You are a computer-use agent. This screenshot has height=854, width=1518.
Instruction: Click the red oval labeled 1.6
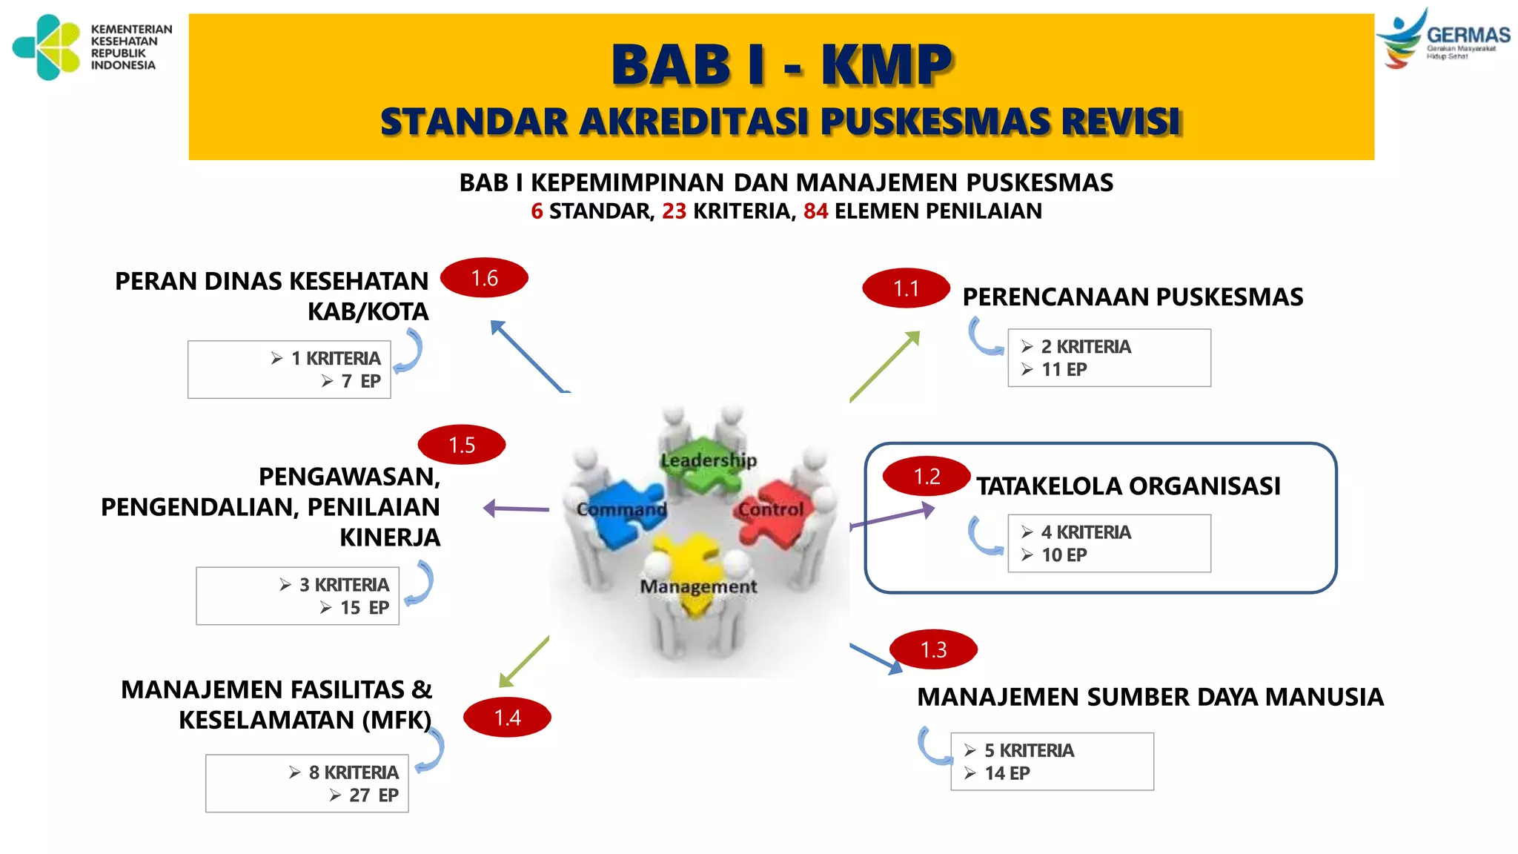click(484, 278)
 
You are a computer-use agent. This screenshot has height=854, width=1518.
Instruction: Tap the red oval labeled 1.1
click(906, 288)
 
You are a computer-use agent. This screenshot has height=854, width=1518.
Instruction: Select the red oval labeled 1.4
click(507, 718)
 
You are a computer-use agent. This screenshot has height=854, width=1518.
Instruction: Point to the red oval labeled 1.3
click(933, 649)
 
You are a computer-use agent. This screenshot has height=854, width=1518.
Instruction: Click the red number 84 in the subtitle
click(815, 211)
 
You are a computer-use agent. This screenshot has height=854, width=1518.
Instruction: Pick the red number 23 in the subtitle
click(674, 211)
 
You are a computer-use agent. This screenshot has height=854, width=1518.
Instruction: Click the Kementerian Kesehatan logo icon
click(47, 47)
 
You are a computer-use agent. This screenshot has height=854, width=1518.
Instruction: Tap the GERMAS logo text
click(1468, 35)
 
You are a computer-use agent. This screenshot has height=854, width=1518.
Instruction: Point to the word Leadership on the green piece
click(709, 460)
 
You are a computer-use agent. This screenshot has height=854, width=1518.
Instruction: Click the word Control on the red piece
click(771, 509)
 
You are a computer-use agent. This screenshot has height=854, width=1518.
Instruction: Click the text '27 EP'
click(374, 795)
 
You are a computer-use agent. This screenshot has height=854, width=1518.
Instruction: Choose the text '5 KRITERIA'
click(1029, 750)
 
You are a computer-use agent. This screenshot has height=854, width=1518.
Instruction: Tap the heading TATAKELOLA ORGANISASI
click(1128, 486)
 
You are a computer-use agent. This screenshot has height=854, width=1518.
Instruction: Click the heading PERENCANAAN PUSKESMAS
click(1133, 297)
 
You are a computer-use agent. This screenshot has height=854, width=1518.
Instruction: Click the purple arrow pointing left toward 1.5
click(516, 509)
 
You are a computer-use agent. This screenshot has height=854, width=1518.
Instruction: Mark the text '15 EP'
click(364, 608)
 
